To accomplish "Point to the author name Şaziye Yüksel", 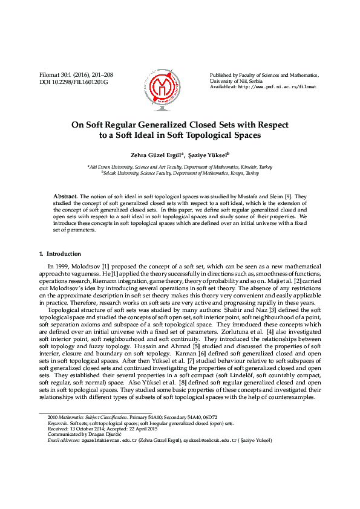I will pyautogui.click(x=207, y=155).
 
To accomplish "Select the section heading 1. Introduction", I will pyautogui.click(x=60, y=254).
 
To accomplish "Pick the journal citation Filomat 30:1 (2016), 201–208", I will pyautogui.click(x=76, y=75).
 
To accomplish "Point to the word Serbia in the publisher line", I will pyautogui.click(x=254, y=80).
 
